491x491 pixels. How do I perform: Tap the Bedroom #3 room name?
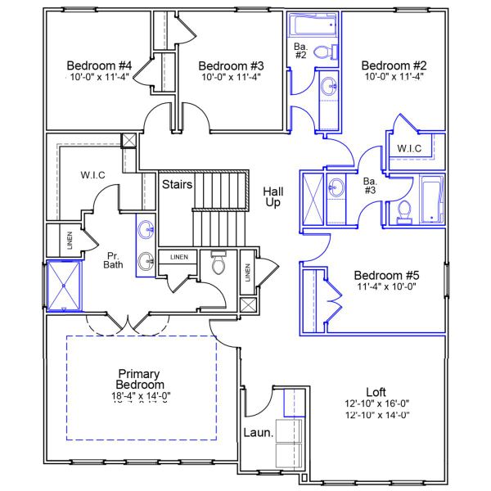(231, 65)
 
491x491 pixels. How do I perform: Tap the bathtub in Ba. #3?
(430, 199)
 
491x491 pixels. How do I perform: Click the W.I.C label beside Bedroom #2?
(409, 148)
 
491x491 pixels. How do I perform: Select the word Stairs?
(177, 184)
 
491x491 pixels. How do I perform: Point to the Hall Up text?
(273, 196)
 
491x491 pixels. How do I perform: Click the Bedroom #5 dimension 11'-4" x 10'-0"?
(387, 287)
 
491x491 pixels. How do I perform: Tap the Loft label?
(376, 392)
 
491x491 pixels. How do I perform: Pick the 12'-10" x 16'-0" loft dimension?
(376, 403)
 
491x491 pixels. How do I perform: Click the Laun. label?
(258, 433)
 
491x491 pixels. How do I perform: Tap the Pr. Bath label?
(113, 260)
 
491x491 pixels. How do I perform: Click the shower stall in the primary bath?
(65, 285)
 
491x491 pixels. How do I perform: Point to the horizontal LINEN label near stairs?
(179, 257)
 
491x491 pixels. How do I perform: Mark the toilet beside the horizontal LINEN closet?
(218, 264)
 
